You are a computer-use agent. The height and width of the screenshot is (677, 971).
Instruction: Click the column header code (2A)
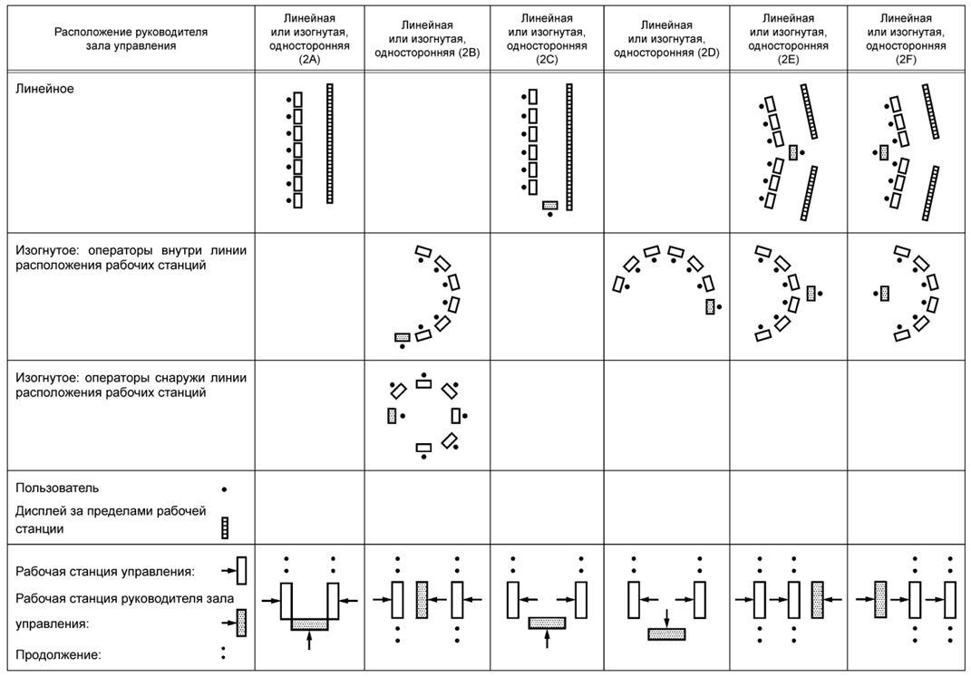point(309,60)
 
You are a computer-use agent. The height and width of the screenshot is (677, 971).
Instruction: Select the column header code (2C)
point(547,60)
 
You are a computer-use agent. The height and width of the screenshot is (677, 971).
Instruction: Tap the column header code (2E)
point(789,60)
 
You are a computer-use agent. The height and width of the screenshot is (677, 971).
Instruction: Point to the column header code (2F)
point(906,60)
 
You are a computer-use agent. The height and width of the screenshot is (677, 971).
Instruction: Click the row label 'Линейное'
point(44,89)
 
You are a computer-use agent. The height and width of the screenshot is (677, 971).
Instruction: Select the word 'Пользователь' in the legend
point(57,488)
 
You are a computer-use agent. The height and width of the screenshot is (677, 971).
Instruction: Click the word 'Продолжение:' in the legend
point(58,654)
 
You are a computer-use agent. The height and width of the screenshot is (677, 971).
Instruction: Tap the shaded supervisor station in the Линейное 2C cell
point(550,205)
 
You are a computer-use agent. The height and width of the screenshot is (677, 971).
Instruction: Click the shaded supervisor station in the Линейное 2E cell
point(793,152)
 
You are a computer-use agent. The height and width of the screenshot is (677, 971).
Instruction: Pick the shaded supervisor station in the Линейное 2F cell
point(884,151)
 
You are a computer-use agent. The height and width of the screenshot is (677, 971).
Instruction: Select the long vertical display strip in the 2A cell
point(330,143)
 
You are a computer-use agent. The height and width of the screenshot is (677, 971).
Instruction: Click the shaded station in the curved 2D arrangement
point(710,306)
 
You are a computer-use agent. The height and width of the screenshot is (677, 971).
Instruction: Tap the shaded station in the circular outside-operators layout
point(392,415)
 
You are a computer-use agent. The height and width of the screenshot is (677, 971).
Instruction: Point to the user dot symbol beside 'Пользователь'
point(224,489)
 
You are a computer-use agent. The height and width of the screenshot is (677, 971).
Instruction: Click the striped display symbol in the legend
point(225,527)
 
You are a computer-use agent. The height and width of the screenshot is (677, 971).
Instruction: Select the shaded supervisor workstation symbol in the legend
point(241,624)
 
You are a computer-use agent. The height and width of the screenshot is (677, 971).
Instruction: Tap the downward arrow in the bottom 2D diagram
point(666,617)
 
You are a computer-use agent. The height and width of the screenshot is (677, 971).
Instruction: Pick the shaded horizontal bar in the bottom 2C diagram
point(547,624)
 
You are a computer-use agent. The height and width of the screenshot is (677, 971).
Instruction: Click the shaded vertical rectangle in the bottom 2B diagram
point(422,600)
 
